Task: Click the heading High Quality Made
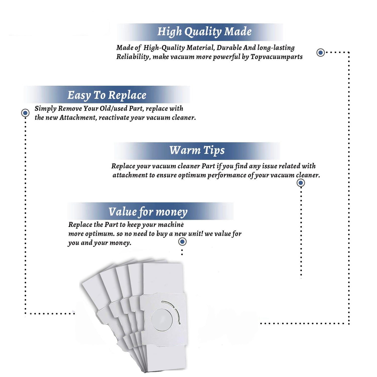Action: click(x=204, y=32)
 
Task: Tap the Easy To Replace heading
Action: click(x=107, y=95)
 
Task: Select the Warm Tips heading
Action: click(x=197, y=150)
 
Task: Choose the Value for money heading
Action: click(x=148, y=212)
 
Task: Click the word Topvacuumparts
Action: click(x=276, y=57)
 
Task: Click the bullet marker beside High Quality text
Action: click(x=320, y=53)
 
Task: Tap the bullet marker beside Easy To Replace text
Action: click(x=25, y=113)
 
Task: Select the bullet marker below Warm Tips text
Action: click(x=301, y=183)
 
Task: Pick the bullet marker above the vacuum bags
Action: click(x=182, y=242)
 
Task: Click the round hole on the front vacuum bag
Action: click(x=162, y=320)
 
